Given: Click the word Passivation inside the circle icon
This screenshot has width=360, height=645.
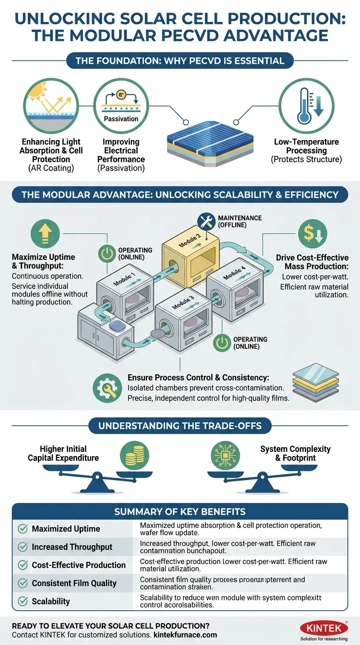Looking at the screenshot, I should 120,119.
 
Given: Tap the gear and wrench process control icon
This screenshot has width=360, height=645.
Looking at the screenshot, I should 107,388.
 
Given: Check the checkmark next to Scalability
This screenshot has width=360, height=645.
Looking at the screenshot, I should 22,601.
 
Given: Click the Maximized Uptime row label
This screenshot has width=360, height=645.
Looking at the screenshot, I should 66,529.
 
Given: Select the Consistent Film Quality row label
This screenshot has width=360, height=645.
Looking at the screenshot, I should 74,583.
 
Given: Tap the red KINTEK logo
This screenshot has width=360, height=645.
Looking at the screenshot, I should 324,627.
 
